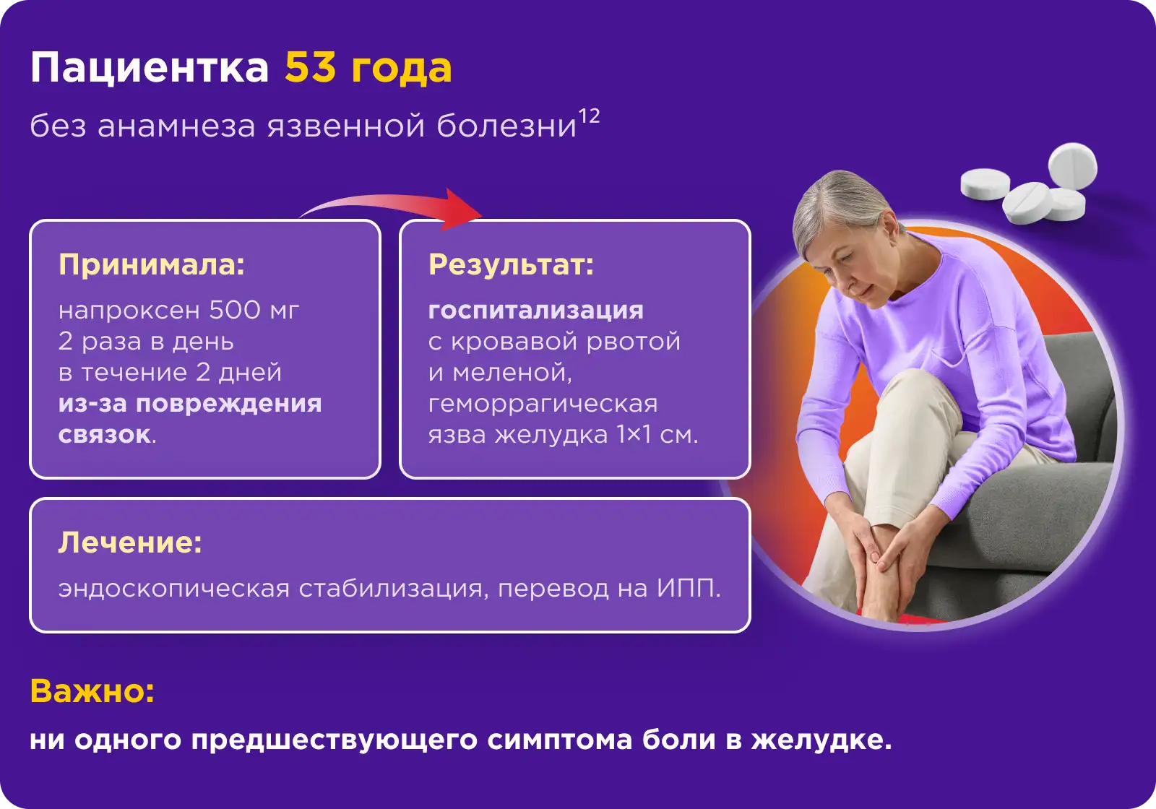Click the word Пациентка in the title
[150, 69]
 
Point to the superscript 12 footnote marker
[589, 116]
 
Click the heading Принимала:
[152, 265]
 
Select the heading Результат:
[511, 265]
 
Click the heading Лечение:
[130, 542]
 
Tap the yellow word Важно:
[92, 691]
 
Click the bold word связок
[105, 435]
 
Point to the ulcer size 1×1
[634, 434]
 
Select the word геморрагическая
[543, 404]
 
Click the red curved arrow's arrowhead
[460, 209]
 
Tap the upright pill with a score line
[1072, 167]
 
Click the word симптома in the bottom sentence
[559, 741]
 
